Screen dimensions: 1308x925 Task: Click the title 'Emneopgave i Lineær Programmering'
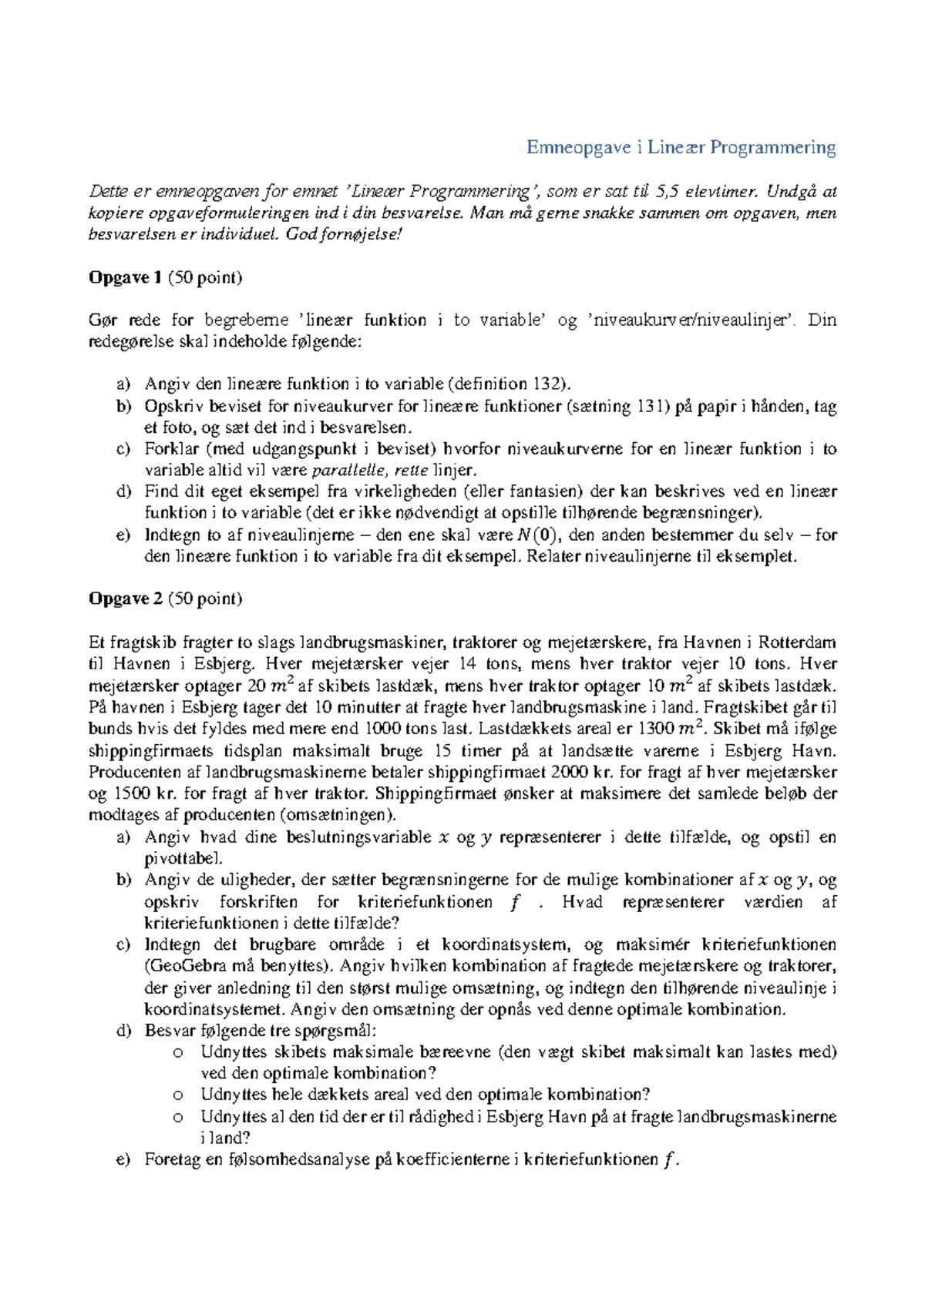681,147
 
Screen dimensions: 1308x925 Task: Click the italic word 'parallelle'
349,470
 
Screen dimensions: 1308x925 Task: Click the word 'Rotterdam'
797,642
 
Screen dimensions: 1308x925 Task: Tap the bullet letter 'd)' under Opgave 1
124,491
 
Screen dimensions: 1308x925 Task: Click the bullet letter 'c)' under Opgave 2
123,944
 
